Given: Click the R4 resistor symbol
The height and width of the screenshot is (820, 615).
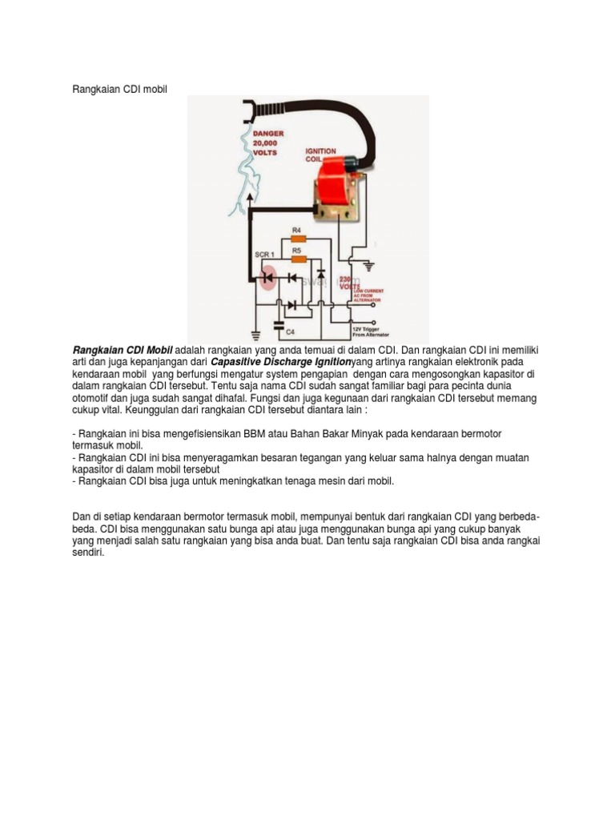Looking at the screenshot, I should pos(298,238).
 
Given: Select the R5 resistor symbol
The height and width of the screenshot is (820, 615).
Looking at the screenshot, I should pos(298,259).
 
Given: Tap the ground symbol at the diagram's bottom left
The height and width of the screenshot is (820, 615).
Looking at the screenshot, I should pos(255,334).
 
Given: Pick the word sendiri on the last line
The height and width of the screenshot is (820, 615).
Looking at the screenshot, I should pos(88,552).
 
